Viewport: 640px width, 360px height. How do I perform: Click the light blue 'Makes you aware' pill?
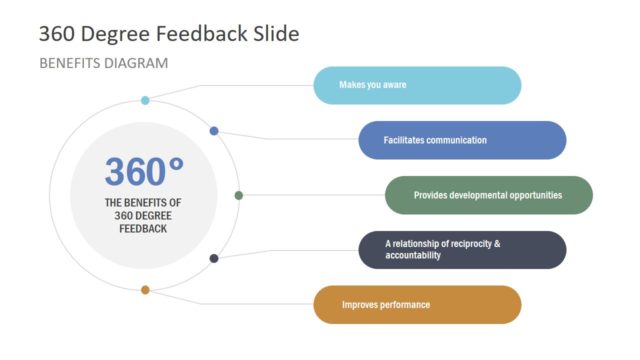[x=417, y=85]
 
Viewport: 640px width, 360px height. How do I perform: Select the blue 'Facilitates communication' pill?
[x=461, y=140]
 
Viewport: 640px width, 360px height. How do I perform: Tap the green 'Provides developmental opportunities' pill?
[x=488, y=195]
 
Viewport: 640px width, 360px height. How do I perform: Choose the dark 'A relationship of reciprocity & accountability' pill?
[x=462, y=250]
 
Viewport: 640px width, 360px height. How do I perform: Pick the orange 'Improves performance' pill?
[x=417, y=304]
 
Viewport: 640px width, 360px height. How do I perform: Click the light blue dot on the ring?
[x=145, y=100]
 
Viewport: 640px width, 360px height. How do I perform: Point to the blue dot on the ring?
[x=214, y=131]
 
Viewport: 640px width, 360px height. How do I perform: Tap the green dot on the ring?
[x=238, y=195]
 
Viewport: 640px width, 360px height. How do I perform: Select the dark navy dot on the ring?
[x=214, y=258]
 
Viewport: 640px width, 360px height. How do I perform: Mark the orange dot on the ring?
[x=145, y=290]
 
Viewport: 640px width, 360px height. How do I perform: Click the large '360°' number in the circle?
[x=145, y=172]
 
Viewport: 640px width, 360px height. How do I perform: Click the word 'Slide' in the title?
[x=272, y=33]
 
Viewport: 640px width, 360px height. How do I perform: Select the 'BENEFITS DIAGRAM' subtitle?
[x=103, y=63]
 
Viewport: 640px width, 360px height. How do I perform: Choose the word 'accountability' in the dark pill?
[x=413, y=256]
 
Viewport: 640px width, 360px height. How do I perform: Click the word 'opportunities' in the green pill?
[x=531, y=195]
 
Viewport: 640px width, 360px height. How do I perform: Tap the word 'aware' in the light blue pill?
[x=393, y=85]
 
